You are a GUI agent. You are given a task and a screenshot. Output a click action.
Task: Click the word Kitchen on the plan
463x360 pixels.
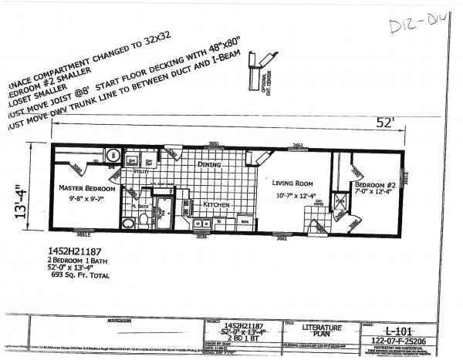click(x=218, y=204)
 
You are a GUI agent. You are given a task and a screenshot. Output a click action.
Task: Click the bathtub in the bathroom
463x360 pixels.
click(x=164, y=213)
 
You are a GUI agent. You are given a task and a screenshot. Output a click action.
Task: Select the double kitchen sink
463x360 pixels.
click(x=202, y=224)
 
